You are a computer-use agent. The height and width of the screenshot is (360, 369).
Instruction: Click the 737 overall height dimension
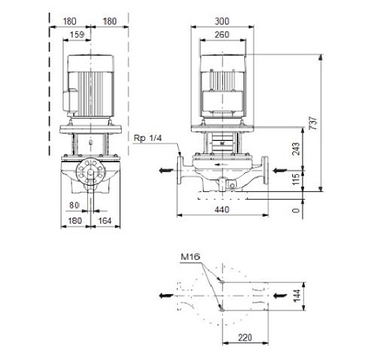(x=314, y=123)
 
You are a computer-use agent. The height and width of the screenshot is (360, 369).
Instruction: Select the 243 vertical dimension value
(x=297, y=149)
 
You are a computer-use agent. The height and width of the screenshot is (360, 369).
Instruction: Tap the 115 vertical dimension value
(x=297, y=179)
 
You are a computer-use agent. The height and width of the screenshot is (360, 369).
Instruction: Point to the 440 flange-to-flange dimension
(x=222, y=210)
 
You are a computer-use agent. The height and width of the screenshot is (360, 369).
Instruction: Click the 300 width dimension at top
(x=222, y=21)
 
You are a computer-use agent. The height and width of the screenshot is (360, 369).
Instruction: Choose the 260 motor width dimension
(x=222, y=35)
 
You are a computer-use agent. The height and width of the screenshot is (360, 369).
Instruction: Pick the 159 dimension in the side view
(x=77, y=35)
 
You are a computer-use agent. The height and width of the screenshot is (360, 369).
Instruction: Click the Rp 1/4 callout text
(x=148, y=138)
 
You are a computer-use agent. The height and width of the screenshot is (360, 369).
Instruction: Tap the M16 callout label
(x=190, y=257)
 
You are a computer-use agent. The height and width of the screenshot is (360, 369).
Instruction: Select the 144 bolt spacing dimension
(x=297, y=296)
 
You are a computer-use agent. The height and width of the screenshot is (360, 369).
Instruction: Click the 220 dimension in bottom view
(x=245, y=338)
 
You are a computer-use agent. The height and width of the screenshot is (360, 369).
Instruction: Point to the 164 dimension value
(x=105, y=221)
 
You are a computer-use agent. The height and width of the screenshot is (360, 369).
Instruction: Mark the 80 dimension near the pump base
(x=74, y=205)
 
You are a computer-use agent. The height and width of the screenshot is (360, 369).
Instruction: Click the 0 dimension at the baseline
(x=297, y=210)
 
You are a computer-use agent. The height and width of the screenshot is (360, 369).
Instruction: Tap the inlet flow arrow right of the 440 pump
(x=280, y=170)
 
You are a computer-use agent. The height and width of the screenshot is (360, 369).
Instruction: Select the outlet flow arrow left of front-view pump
(x=166, y=170)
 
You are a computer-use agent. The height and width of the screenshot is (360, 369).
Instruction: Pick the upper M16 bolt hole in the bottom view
(x=222, y=282)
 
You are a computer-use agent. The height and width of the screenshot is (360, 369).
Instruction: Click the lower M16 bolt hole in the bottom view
(x=222, y=310)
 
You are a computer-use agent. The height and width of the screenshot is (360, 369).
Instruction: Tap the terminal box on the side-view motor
(x=71, y=102)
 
